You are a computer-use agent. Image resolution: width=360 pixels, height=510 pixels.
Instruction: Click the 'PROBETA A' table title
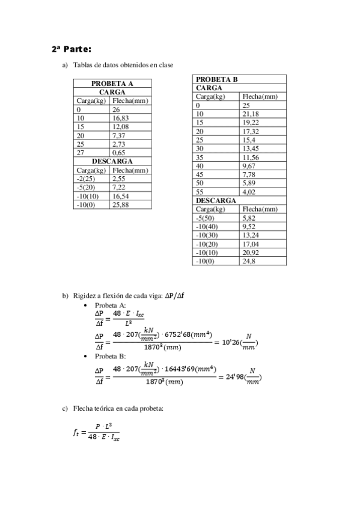[112, 84]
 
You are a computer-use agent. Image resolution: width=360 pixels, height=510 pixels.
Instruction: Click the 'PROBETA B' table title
[217, 79]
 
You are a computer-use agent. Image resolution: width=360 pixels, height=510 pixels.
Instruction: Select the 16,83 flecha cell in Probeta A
[120, 118]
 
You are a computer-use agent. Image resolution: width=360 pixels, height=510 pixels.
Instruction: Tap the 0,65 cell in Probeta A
[118, 153]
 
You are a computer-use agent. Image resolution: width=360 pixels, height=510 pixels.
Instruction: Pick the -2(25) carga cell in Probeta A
[87, 179]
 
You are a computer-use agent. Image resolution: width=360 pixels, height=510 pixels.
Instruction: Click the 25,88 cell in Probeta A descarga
[120, 204]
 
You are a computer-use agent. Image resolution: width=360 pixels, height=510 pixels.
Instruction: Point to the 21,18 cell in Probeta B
[251, 114]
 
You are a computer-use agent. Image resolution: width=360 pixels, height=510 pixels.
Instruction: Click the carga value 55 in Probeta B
[200, 192]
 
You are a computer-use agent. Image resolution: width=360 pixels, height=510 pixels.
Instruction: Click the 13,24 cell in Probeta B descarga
[251, 235]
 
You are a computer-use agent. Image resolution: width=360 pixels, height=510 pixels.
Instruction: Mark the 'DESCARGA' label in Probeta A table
[112, 162]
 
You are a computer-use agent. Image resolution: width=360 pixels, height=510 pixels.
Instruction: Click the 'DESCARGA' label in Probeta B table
[215, 200]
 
